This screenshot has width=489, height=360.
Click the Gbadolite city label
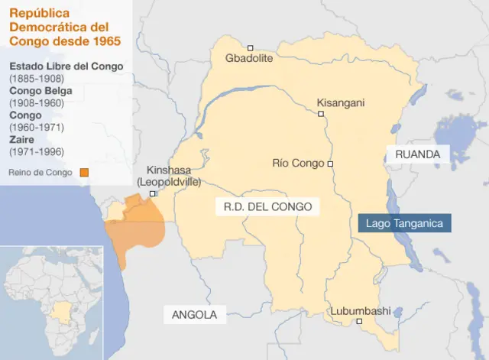pyautogui.click(x=249, y=58)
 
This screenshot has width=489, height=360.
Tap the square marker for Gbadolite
pyautogui.click(x=250, y=47)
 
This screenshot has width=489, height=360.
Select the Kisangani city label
pyautogui.click(x=341, y=102)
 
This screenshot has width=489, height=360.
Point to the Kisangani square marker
pyautogui.click(x=321, y=114)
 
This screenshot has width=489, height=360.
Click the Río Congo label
pyautogui.click(x=298, y=163)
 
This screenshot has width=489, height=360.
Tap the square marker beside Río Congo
pyautogui.click(x=331, y=164)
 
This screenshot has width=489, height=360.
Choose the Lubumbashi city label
pyautogui.click(x=360, y=310)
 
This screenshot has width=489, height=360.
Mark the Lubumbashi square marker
pyautogui.click(x=359, y=321)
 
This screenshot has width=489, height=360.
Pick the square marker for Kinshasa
pyautogui.click(x=153, y=194)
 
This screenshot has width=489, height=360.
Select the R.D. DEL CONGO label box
pyautogui.click(x=267, y=206)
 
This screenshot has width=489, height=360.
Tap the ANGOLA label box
pyautogui.click(x=194, y=314)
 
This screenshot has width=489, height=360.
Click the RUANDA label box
pyautogui.click(x=418, y=154)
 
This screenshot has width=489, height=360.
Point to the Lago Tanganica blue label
pyautogui.click(x=405, y=223)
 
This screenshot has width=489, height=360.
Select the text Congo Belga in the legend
pyautogui.click(x=37, y=91)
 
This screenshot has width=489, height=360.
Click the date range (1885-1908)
pyautogui.click(x=37, y=78)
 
